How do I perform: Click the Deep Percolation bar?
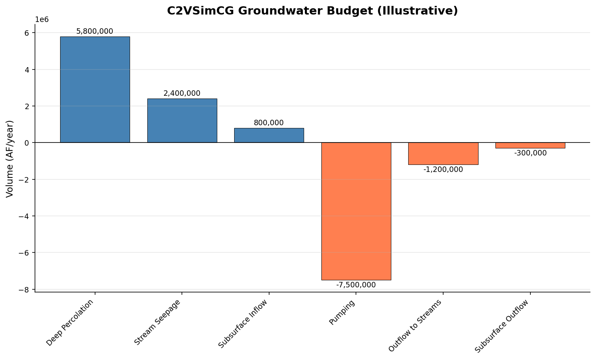[95, 90]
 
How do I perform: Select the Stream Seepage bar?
[182, 121]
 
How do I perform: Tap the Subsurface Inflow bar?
[269, 135]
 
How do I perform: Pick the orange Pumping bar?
[356, 211]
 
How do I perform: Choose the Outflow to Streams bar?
[443, 154]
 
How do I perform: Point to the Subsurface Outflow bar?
[530, 145]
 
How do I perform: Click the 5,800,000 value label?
[95, 31]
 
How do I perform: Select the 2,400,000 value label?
[182, 93]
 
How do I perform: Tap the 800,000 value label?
[269, 123]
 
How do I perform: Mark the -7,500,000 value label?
[356, 285]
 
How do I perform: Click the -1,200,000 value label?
[443, 170]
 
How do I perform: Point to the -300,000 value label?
[530, 153]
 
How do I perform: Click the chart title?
[312, 11]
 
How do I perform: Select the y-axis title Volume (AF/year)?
[10, 159]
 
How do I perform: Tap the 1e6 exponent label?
[42, 20]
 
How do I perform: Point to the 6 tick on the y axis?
[27, 33]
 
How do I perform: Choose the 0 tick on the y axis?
[27, 143]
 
